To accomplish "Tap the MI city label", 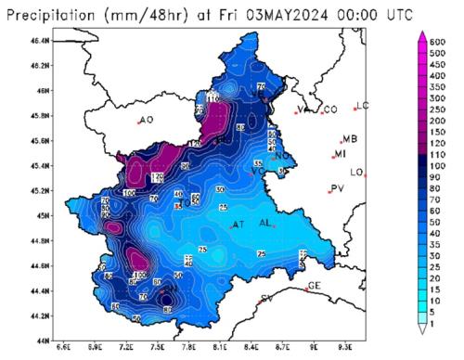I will coord(341,154).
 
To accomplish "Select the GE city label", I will coord(314,285).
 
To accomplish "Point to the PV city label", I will coord(338,188).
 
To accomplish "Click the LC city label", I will coord(362,106).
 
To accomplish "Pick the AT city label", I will coord(238,225).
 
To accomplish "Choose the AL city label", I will coord(265,224).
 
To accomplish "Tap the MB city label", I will coord(349,139).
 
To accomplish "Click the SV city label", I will coord(266,298).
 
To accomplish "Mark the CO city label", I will coord(329,109).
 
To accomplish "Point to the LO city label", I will coord(357,173).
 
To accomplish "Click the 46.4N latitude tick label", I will coord(39,42).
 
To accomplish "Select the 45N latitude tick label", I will coord(42,216).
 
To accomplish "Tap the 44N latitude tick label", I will coord(42,341).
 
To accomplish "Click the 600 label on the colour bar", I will coord(439,43).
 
